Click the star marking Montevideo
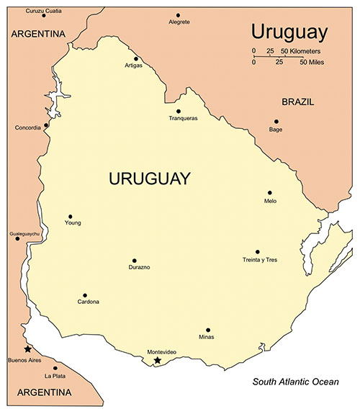[x=158, y=359]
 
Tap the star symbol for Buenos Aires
[x=28, y=349]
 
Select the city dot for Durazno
[x=134, y=261]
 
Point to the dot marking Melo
[x=270, y=193]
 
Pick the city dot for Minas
[x=207, y=330]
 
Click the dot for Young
[x=71, y=216]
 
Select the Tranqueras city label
[x=183, y=118]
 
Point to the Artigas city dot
[x=135, y=59]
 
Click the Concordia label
[x=27, y=128]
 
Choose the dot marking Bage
[x=276, y=122]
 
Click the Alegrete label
[x=179, y=22]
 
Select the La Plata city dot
[x=55, y=368]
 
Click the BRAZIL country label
[x=297, y=102]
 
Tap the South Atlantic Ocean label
[x=295, y=382]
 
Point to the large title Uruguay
[x=289, y=32]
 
